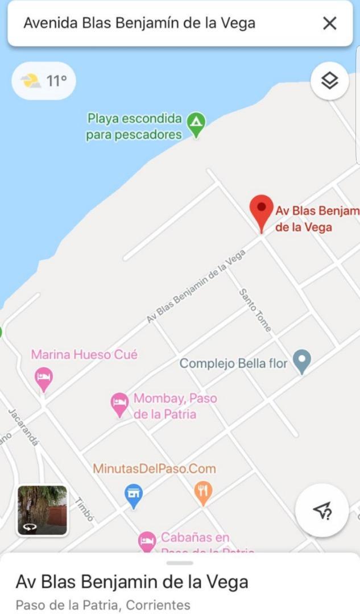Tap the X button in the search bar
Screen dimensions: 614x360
click(x=329, y=23)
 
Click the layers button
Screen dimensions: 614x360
click(x=329, y=81)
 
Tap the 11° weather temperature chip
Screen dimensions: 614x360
click(x=44, y=81)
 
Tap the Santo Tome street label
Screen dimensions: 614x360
click(x=255, y=310)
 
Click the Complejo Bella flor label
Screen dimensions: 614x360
click(x=234, y=363)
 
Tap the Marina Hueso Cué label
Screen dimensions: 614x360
click(x=84, y=355)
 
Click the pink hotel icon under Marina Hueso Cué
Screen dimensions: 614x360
click(x=44, y=378)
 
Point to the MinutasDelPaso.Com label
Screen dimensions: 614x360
click(x=154, y=469)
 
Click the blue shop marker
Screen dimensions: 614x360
click(x=134, y=495)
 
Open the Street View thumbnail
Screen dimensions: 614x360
click(x=42, y=510)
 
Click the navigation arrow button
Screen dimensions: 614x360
click(x=322, y=510)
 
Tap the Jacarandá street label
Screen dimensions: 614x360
click(x=23, y=426)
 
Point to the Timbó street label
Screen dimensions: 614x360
click(x=84, y=509)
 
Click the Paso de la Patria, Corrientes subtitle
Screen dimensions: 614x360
click(x=103, y=604)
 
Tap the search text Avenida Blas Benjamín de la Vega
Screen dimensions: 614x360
click(x=139, y=23)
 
